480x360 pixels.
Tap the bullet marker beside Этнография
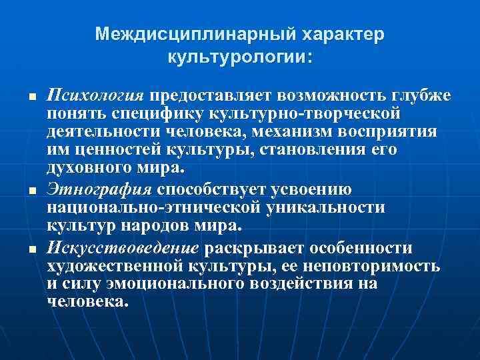point(31,191)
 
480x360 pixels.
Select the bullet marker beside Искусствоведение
point(31,249)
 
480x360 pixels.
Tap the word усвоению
point(314,190)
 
